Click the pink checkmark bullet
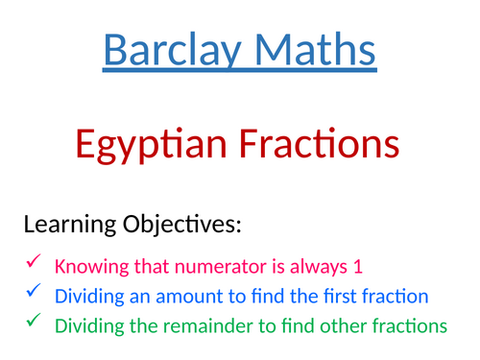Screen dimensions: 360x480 pyautogui.click(x=32, y=261)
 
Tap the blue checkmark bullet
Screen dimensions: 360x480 pyautogui.click(x=32, y=291)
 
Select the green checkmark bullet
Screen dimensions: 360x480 pyautogui.click(x=32, y=322)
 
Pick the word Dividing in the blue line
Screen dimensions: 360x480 pyautogui.click(x=87, y=297)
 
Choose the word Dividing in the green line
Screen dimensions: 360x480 pyautogui.click(x=87, y=326)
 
